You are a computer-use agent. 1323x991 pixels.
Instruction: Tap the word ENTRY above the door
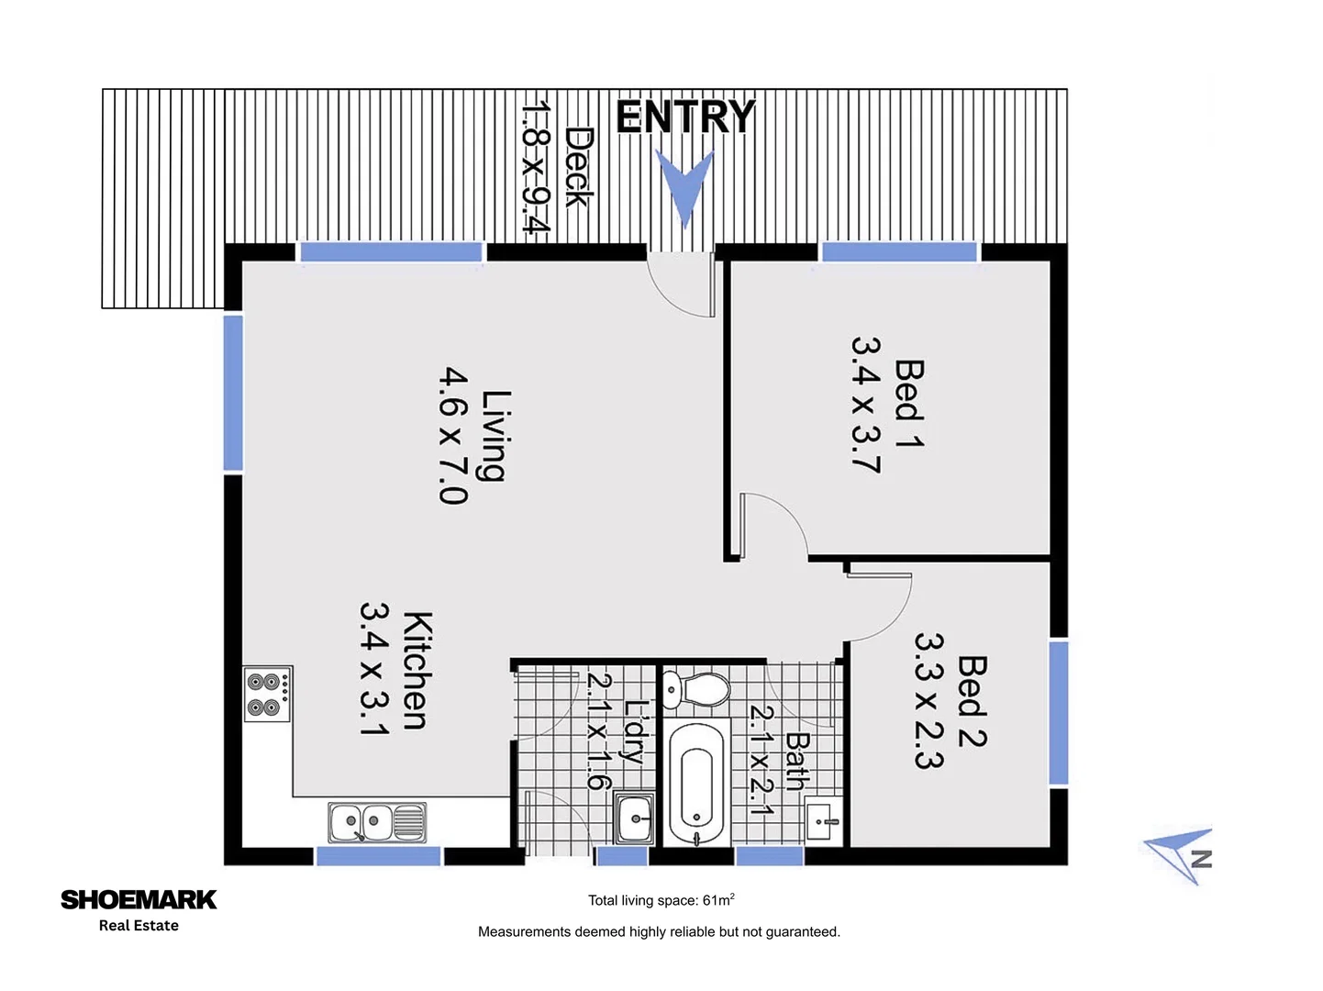coord(685,117)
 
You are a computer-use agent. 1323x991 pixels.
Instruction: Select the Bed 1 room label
coord(909,403)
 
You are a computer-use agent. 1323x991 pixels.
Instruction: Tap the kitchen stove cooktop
coord(267,695)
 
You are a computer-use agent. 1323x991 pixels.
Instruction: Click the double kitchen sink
coord(377,821)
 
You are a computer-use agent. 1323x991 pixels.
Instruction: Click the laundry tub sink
coord(634,816)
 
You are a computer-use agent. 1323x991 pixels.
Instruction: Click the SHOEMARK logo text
coord(139,899)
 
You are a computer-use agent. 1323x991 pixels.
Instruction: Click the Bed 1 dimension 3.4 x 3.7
coord(866,404)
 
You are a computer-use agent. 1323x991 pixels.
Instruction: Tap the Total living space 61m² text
coord(661,900)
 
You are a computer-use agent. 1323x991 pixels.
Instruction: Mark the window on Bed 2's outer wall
coord(1059,713)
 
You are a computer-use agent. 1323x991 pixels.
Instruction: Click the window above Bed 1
coord(899,251)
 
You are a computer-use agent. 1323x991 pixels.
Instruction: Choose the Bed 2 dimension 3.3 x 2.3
coord(928,700)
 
